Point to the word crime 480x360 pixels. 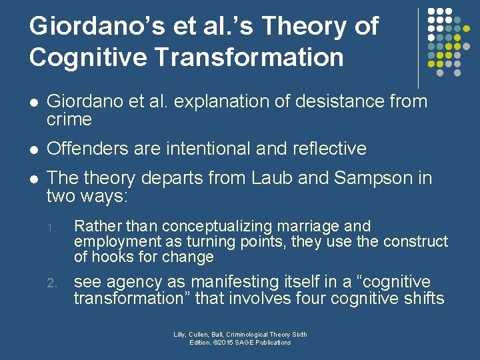(x=69, y=119)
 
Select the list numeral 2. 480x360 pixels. (x=52, y=283)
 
